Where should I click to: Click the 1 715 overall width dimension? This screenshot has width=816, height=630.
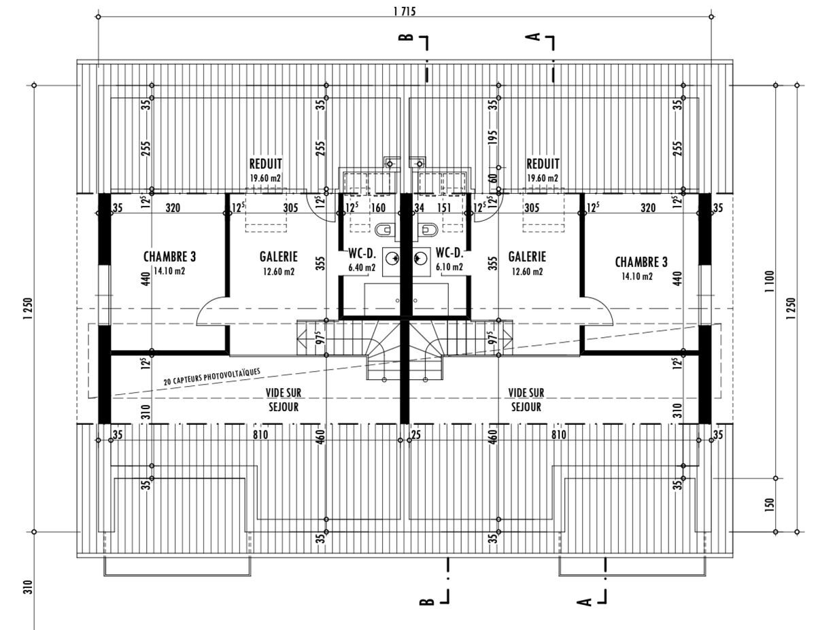tap(404, 10)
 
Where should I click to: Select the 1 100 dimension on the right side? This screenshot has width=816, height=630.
tap(769, 281)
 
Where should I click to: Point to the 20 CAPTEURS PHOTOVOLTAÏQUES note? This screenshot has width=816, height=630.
tap(212, 377)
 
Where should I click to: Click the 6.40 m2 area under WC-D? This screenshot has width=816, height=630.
tap(362, 267)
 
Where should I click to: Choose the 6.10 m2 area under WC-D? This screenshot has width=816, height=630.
tap(449, 267)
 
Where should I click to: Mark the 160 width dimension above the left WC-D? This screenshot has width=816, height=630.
tap(378, 208)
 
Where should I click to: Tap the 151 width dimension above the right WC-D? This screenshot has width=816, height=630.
tap(444, 208)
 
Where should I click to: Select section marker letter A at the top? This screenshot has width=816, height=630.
tap(535, 37)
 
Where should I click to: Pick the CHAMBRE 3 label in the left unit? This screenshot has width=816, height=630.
tap(169, 257)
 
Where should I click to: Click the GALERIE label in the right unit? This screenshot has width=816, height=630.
tap(526, 257)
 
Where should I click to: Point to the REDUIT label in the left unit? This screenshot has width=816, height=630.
tap(265, 164)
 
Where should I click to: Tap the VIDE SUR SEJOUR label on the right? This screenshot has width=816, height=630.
tap(526, 400)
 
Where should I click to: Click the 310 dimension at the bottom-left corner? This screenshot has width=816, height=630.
tap(28, 587)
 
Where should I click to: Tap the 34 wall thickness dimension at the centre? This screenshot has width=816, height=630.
tap(419, 208)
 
